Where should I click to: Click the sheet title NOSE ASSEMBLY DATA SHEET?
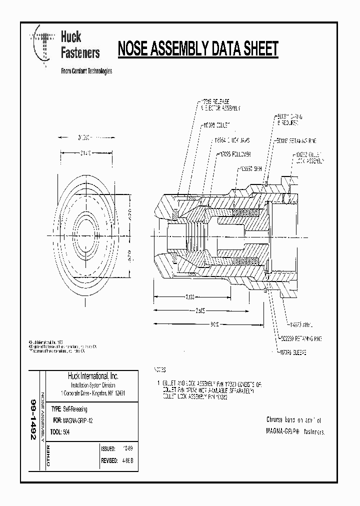click(197, 49)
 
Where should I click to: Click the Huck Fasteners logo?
click(65, 45)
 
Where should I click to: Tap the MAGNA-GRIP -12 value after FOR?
click(78, 421)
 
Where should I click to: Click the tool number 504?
click(67, 432)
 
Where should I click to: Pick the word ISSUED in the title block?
click(108, 448)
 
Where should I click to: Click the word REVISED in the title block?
click(109, 461)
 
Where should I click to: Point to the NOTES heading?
click(159, 370)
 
